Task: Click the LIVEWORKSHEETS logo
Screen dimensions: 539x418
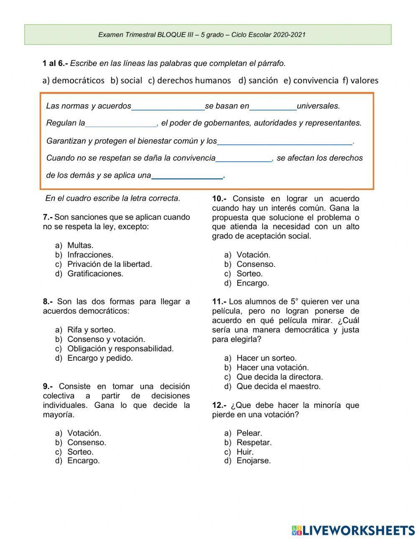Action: [x=353, y=530]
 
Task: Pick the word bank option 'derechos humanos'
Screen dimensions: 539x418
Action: [x=194, y=80]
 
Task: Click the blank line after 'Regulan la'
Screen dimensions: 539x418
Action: [x=121, y=123]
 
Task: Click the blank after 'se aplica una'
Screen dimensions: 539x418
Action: [x=187, y=176]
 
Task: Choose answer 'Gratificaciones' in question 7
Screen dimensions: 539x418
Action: [x=95, y=274]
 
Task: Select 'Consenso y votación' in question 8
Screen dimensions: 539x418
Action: [x=106, y=339]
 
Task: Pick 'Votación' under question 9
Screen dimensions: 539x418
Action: [x=84, y=433]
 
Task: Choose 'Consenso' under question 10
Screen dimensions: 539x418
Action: [x=256, y=264]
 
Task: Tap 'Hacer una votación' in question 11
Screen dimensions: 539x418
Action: [x=273, y=367]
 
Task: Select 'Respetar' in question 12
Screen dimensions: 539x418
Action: [x=254, y=442]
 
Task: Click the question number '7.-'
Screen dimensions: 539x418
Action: [x=48, y=217]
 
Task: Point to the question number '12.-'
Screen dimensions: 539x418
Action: [x=219, y=405]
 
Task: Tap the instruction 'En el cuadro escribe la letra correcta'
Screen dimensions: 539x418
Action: [x=113, y=198]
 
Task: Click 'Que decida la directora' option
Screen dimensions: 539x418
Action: [x=280, y=377]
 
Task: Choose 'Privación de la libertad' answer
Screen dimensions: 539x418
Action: [x=110, y=264]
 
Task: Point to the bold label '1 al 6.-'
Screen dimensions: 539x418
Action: [x=55, y=63]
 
